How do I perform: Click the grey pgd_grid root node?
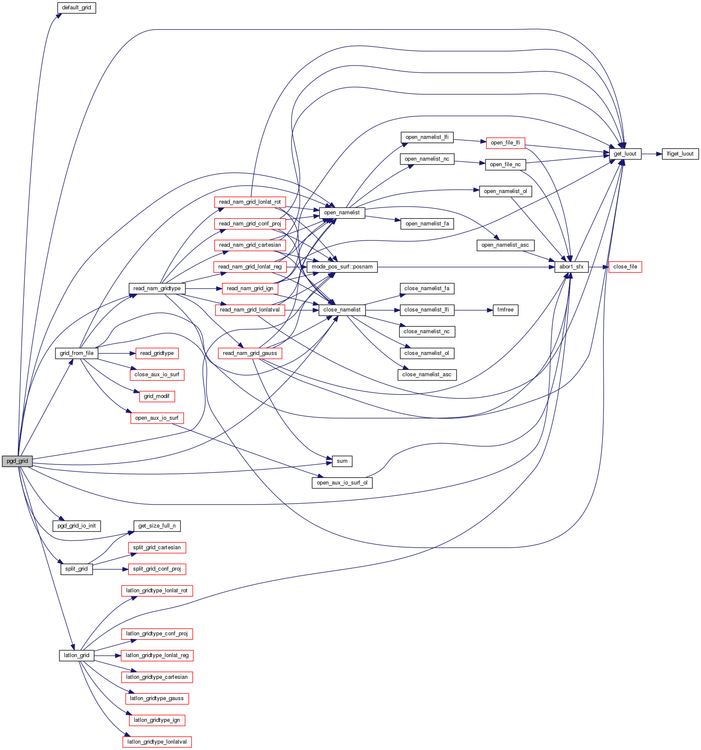(17, 461)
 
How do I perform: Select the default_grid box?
(76, 8)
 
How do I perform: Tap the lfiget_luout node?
(680, 154)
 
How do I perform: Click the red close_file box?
(625, 267)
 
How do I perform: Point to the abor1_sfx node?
(571, 267)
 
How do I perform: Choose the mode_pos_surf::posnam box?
(342, 267)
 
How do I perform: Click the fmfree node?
(505, 310)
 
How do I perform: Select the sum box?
(342, 461)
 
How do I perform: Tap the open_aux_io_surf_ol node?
(342, 483)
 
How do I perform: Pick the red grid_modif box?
(156, 396)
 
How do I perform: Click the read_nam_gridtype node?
(156, 288)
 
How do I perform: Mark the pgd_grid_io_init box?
(76, 526)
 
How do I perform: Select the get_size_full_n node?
(156, 526)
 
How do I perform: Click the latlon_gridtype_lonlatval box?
(157, 742)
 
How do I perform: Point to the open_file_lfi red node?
(505, 143)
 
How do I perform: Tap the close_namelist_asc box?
(426, 375)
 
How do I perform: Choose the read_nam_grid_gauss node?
(250, 353)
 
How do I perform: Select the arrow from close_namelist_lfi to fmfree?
(473, 310)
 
